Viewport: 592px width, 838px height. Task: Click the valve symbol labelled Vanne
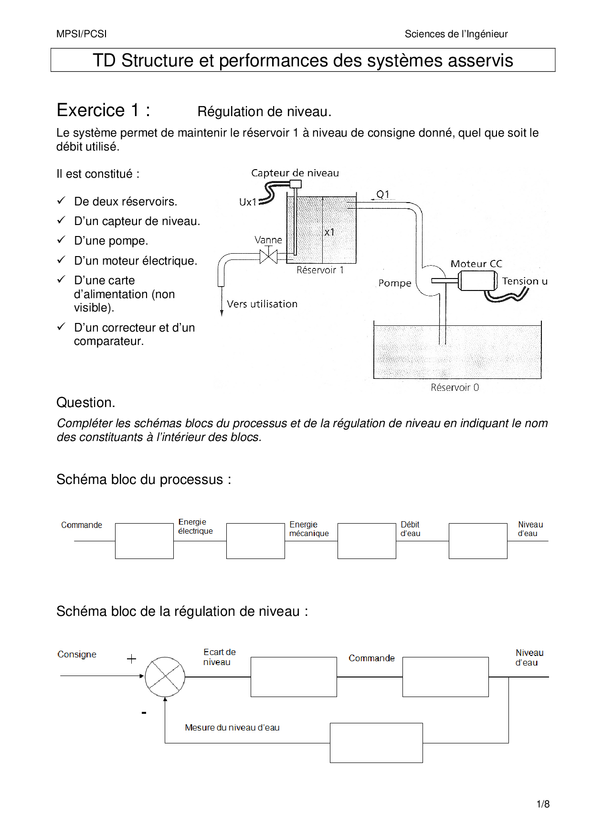click(268, 257)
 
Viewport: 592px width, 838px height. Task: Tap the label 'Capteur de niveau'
click(295, 173)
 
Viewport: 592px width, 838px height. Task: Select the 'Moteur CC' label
click(476, 264)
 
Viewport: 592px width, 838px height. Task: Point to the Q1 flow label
click(383, 194)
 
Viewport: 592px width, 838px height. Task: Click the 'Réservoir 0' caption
click(455, 387)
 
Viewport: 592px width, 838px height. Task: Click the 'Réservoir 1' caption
click(320, 270)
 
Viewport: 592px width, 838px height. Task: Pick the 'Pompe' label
click(395, 283)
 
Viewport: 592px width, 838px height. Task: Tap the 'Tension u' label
click(525, 281)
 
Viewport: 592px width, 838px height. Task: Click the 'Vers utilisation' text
click(262, 304)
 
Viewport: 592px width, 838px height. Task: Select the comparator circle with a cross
click(165, 677)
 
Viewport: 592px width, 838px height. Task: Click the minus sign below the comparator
click(144, 713)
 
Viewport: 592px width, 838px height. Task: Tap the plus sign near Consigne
click(132, 659)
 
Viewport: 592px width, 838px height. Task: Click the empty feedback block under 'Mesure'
click(376, 742)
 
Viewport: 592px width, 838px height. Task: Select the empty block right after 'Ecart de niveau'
click(294, 677)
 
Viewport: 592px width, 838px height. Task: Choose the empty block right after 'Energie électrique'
click(255, 541)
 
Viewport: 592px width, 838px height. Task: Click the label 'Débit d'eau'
click(410, 529)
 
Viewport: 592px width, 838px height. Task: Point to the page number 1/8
click(543, 804)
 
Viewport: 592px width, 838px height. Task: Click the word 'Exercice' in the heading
click(91, 110)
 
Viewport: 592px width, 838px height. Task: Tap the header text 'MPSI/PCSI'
click(82, 34)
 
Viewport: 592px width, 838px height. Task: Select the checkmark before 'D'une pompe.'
click(61, 240)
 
